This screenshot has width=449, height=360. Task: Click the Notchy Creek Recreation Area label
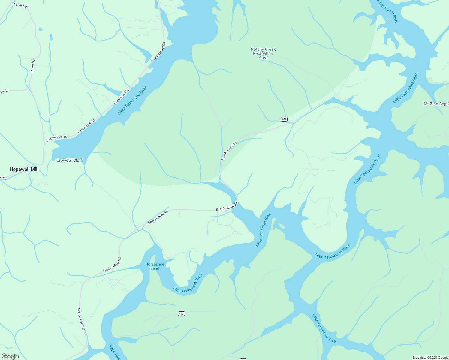point(263,53)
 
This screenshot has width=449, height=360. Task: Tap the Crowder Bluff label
point(69,160)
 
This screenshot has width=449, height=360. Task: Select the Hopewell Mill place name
point(24,169)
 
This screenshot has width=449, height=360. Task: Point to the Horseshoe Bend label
point(155,266)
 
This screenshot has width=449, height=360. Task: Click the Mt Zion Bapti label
point(436,104)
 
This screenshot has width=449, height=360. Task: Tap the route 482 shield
point(284,119)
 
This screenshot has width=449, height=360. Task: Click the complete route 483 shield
point(181,314)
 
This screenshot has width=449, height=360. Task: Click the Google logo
point(10,356)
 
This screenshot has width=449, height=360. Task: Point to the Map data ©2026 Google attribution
point(430,358)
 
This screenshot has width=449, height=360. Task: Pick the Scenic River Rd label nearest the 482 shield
point(229,151)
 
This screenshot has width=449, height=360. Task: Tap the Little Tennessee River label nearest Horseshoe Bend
point(187,283)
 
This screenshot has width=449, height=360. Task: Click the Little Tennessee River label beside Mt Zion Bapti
point(405,88)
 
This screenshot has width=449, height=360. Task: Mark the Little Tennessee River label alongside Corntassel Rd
point(132,100)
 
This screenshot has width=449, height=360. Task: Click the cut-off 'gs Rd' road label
point(4,91)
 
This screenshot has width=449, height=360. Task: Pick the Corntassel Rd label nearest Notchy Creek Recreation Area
point(159,51)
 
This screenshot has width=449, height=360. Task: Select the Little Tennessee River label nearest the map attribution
point(324,328)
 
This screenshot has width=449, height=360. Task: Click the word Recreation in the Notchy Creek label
point(263,53)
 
